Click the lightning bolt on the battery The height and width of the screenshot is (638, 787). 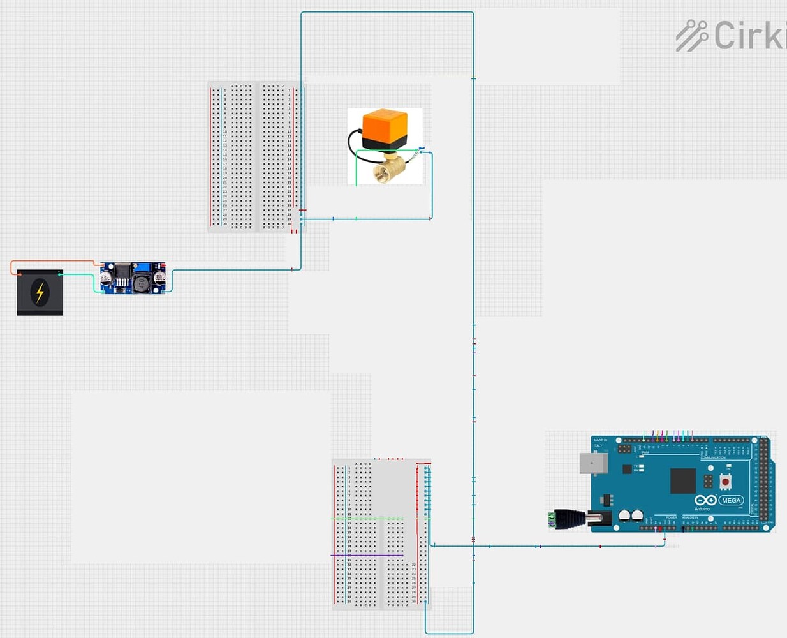coord(40,292)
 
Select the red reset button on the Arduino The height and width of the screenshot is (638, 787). coord(725,480)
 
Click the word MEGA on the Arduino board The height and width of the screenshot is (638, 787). coord(731,500)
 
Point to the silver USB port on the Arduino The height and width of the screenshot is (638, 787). coord(592,463)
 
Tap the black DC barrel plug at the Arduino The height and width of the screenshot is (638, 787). coord(571,518)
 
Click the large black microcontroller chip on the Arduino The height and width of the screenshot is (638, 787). coord(682,480)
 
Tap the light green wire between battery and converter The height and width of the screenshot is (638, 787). coord(80,275)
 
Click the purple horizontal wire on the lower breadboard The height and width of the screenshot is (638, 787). coord(367,556)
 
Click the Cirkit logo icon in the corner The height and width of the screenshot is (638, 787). coord(692,35)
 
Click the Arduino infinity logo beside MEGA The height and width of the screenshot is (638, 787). coord(705,500)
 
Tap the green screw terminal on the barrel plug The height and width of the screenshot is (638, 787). coord(552,519)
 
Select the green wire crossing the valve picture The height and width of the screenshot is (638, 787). coord(383,151)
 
